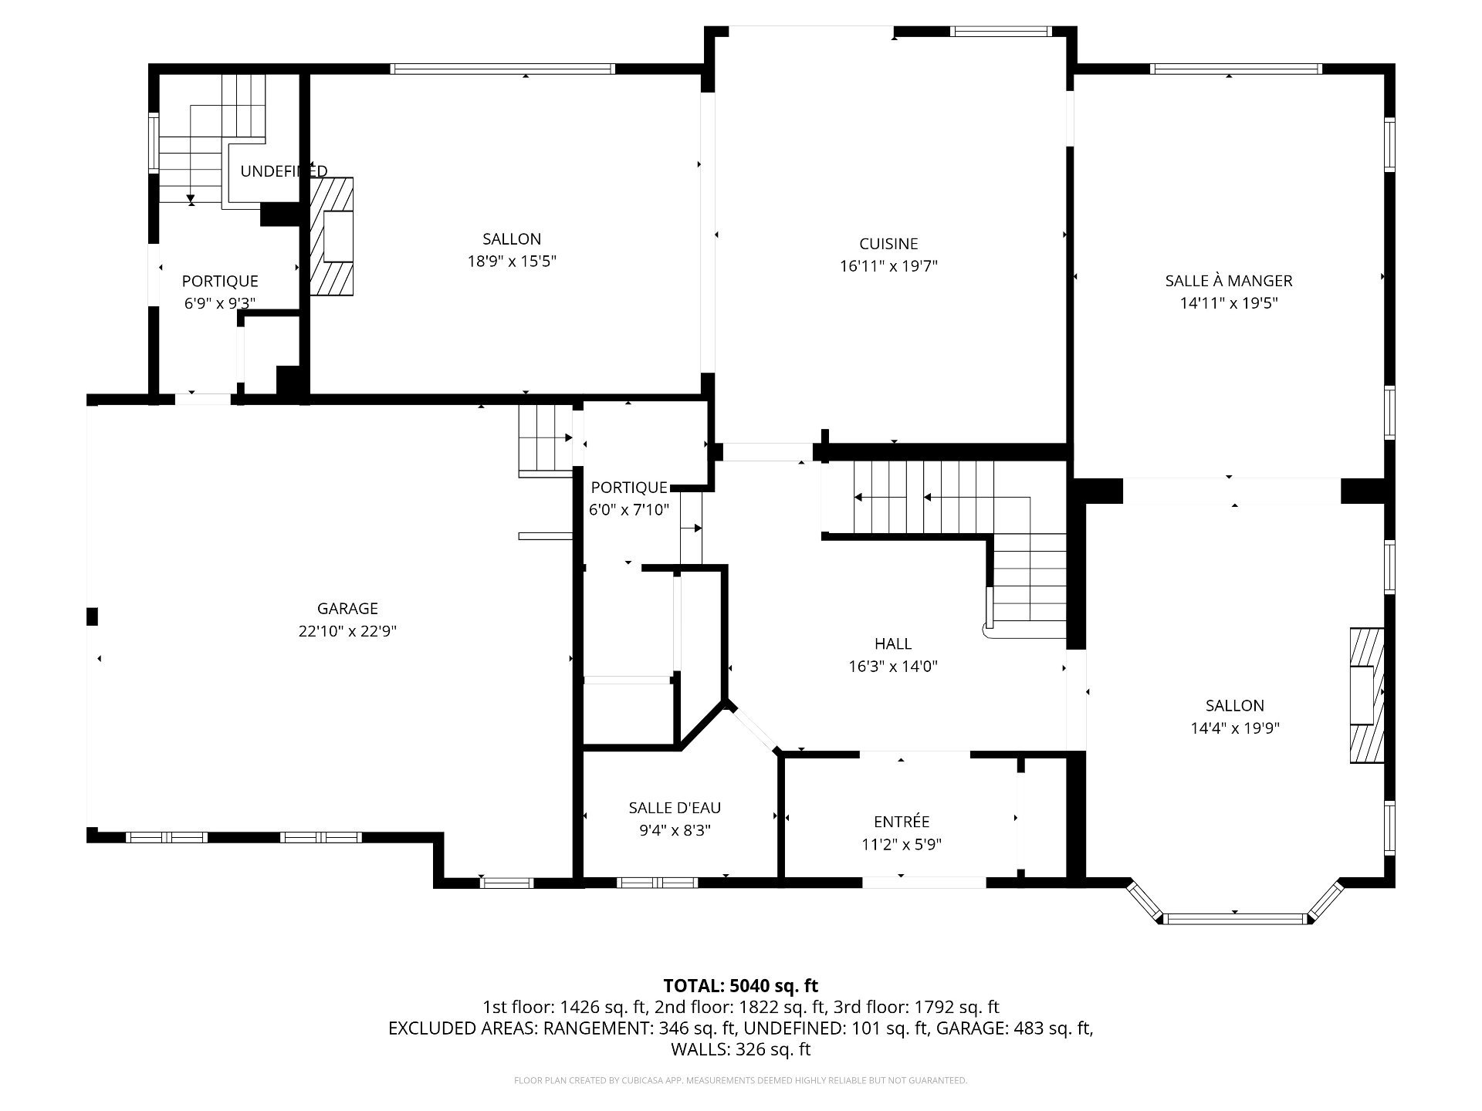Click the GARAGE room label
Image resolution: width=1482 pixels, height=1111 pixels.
(347, 609)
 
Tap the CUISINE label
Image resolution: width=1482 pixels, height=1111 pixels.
(888, 244)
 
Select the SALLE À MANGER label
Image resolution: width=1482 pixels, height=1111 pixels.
(1229, 281)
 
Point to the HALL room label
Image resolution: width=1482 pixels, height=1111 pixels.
(893, 643)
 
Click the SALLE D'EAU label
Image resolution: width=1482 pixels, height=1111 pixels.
(675, 808)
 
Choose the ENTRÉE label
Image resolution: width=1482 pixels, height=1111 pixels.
(902, 822)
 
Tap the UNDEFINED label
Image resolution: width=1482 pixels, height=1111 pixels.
(284, 171)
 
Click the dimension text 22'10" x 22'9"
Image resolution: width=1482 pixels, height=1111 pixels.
(347, 631)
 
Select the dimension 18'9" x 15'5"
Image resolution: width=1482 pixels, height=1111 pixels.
(512, 262)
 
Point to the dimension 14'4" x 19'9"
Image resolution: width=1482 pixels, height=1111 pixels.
(1235, 728)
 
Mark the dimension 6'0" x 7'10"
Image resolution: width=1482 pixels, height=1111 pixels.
(629, 510)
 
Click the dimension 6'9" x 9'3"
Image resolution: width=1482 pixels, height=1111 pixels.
(220, 303)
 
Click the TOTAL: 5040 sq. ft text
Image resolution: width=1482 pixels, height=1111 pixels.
(741, 985)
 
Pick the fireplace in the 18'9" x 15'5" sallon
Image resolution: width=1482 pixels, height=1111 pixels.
(332, 236)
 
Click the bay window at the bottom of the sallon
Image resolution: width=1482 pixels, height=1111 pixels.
(1235, 907)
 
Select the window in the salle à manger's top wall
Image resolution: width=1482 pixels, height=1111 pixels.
(1235, 69)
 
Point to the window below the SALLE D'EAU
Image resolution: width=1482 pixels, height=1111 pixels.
(657, 883)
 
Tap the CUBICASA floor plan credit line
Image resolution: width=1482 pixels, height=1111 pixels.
(740, 1080)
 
